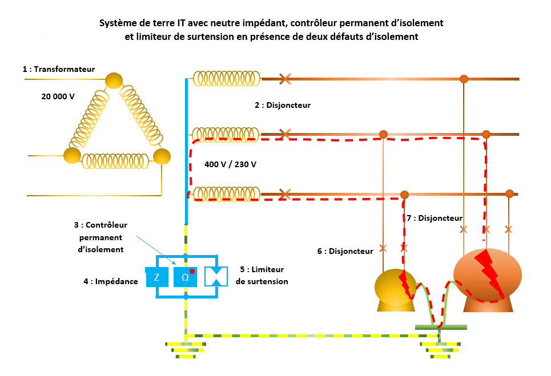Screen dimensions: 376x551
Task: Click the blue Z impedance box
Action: [x=156, y=277]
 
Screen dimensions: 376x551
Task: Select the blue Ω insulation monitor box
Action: [x=185, y=277]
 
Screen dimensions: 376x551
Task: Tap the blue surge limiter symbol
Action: [x=216, y=277]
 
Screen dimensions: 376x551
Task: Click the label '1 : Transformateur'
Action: [x=59, y=69]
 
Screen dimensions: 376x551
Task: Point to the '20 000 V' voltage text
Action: [x=58, y=96]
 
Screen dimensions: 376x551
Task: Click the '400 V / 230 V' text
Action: [x=230, y=164]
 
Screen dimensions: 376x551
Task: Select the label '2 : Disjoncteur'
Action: [x=283, y=105]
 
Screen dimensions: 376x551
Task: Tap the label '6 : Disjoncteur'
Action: [x=345, y=251]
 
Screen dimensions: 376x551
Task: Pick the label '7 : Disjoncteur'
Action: [x=435, y=218]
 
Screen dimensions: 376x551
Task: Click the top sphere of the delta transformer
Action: [x=114, y=80]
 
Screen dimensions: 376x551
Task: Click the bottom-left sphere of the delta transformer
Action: [x=72, y=155]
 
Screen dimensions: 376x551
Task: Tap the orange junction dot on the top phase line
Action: [x=464, y=79]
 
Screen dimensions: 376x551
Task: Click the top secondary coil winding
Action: [x=227, y=79]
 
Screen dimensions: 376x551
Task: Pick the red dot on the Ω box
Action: [x=192, y=271]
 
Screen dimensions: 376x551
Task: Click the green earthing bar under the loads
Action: [x=440, y=327]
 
